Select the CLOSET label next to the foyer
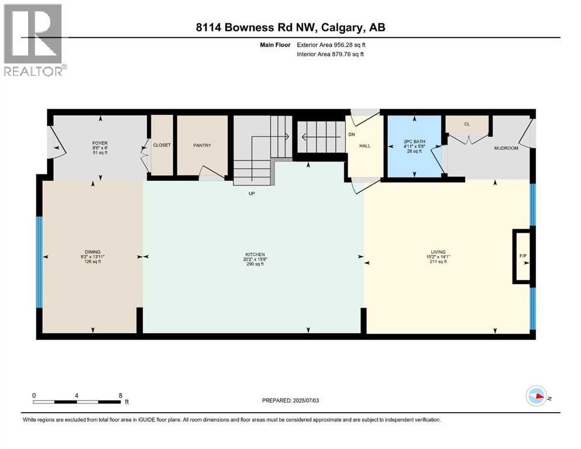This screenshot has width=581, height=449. point(162,146)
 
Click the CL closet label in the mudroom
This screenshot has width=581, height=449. point(467,124)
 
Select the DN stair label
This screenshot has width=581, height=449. point(352,134)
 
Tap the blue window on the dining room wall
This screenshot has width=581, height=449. point(39,262)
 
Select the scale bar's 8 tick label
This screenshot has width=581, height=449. point(120,395)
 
